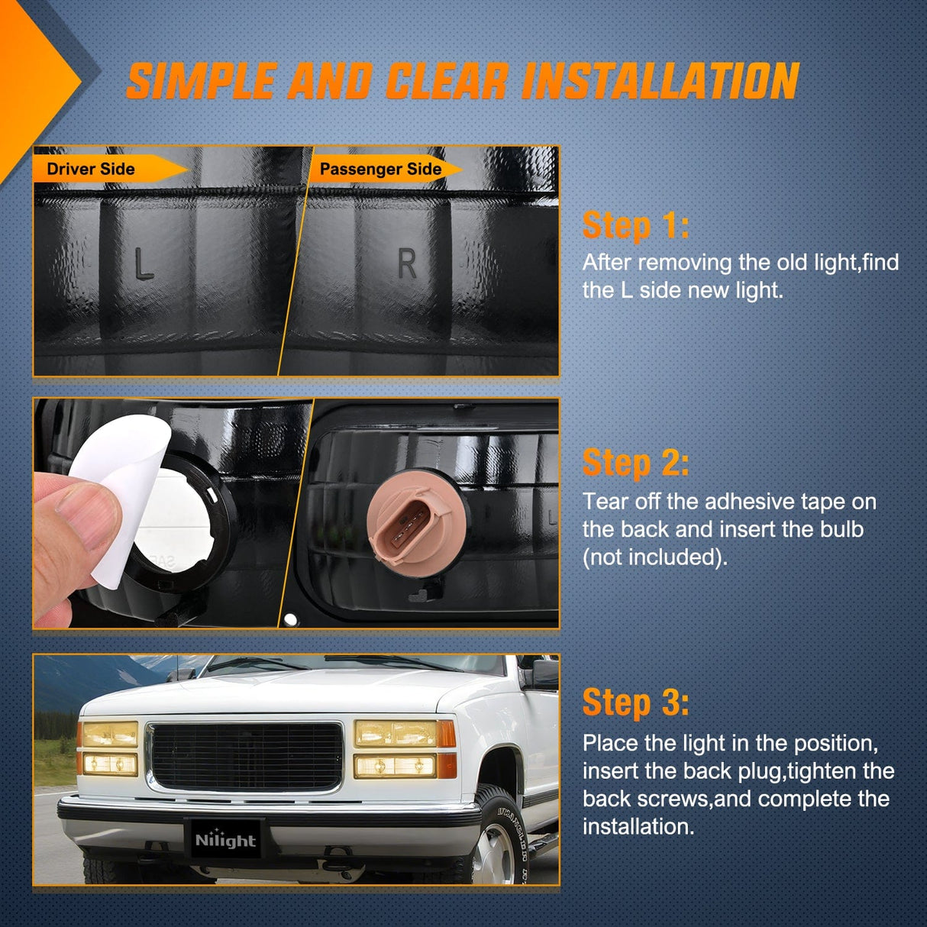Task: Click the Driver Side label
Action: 91,169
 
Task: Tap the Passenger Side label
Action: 380,170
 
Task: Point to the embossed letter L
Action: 143,264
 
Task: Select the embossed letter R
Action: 407,264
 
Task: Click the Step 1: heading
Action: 635,225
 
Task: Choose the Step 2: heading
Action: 635,463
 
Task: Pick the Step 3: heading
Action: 635,703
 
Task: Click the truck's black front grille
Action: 247,757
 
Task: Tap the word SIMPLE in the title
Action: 201,81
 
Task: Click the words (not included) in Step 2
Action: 654,557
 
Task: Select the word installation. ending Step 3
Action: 638,826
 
